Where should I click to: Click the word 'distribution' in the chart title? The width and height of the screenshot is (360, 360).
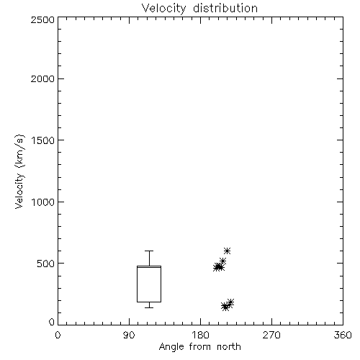tap(225, 8)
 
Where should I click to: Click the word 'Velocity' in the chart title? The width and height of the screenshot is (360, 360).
tap(164, 9)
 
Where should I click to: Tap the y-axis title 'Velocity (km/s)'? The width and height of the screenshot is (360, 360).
tap(19, 171)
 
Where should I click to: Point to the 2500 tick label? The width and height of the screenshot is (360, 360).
tap(42, 19)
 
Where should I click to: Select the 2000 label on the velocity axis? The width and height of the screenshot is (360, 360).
tap(42, 78)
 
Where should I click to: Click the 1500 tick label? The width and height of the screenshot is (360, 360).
tap(43, 140)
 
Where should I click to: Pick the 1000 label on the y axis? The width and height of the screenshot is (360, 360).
tap(43, 202)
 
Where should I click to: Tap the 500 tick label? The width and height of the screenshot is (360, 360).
tap(46, 264)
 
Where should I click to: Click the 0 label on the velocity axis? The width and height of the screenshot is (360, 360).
tap(52, 322)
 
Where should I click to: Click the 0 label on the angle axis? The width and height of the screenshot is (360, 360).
tap(58, 335)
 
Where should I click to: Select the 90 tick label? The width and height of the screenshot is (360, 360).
tap(129, 335)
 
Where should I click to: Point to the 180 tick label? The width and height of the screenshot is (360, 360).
tap(200, 335)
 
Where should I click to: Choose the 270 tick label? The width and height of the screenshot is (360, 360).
tap(271, 335)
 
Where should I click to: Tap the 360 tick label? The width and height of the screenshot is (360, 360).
tap(343, 335)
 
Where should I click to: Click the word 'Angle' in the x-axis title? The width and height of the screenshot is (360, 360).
tap(171, 347)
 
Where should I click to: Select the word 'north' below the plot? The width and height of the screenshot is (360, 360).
tap(229, 347)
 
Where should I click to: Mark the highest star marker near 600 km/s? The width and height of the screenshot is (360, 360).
tap(227, 251)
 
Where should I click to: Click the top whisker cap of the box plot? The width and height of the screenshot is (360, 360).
tap(149, 251)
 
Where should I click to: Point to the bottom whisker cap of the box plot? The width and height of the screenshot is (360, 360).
tap(149, 307)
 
